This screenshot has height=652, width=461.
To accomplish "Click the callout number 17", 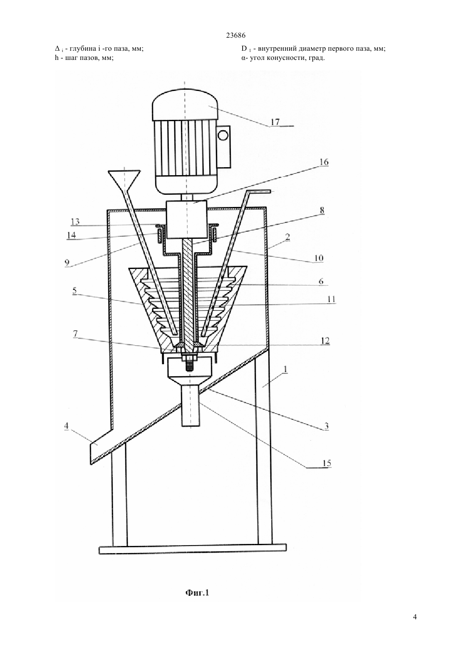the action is pyautogui.click(x=275, y=122).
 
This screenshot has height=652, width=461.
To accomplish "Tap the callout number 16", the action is pyautogui.click(x=324, y=162).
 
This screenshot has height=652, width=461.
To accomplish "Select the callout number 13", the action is pyautogui.click(x=75, y=222).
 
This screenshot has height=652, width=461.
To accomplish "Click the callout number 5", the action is pyautogui.click(x=75, y=290).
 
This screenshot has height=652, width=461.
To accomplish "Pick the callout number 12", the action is pyautogui.click(x=325, y=341).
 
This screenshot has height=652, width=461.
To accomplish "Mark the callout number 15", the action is pyautogui.click(x=327, y=463).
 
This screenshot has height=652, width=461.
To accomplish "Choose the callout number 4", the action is pyautogui.click(x=66, y=426).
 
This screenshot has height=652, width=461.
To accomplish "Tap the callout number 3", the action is pyautogui.click(x=326, y=426).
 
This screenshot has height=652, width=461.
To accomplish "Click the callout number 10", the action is pyautogui.click(x=319, y=258).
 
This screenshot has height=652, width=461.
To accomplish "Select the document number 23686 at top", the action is pyautogui.click(x=236, y=36).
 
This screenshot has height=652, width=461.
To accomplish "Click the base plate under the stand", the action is pyautogui.click(x=192, y=549).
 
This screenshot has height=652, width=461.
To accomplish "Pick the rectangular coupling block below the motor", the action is pyautogui.click(x=186, y=219).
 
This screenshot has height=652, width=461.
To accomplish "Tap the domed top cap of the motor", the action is pyautogui.click(x=185, y=104).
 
